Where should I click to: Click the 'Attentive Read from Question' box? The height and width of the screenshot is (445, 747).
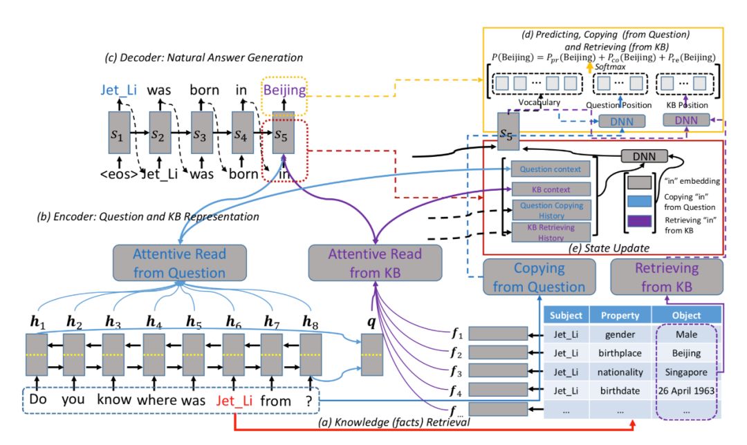click(x=180, y=263)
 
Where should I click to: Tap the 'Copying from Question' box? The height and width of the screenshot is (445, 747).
click(x=539, y=277)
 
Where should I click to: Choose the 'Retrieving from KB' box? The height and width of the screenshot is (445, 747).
click(x=667, y=276)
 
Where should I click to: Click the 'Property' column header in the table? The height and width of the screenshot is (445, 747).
click(x=620, y=316)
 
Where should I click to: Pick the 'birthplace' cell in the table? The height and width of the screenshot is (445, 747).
click(x=620, y=353)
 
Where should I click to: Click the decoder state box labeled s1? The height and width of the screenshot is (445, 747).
click(x=120, y=133)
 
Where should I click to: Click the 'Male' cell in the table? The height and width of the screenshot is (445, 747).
click(x=686, y=334)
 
